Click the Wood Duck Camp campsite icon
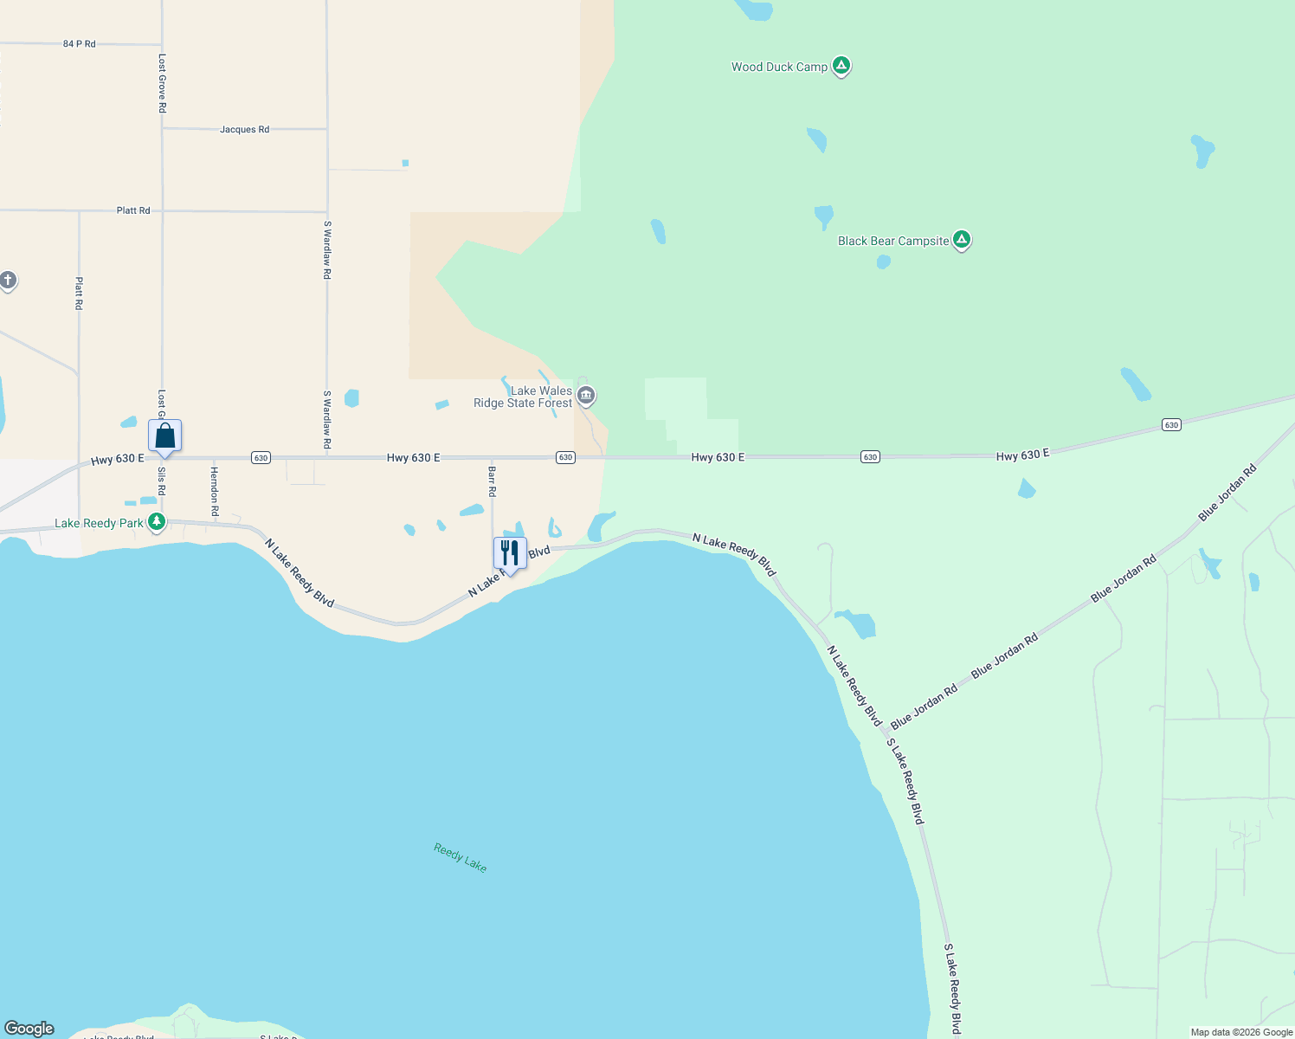(841, 66)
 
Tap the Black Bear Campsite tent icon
(961, 240)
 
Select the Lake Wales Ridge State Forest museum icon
(586, 396)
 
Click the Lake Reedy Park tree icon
(157, 522)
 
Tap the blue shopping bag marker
(164, 436)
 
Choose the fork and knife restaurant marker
(510, 553)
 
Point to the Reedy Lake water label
(461, 858)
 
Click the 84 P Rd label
(80, 43)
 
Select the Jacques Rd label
(244, 130)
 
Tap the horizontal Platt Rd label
(133, 210)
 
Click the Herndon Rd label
(215, 491)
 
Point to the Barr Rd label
(492, 481)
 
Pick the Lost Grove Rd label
(162, 83)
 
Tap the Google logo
(29, 1029)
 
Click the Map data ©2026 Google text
(1241, 1032)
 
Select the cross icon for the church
(8, 281)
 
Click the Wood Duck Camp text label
(779, 67)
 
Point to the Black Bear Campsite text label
(893, 241)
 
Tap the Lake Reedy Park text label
(99, 523)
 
